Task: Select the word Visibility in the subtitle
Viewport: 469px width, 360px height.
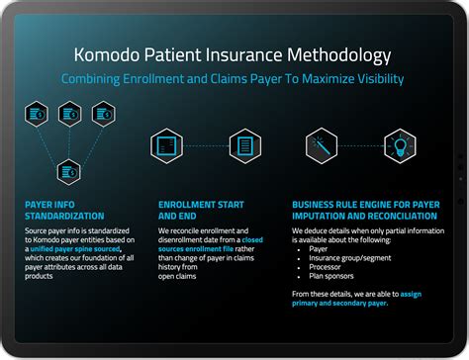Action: click(371, 78)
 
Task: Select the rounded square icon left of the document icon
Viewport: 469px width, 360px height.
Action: click(167, 145)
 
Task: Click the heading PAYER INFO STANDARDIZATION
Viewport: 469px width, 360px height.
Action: click(64, 210)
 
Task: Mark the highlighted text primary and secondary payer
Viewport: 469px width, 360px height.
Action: click(340, 304)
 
